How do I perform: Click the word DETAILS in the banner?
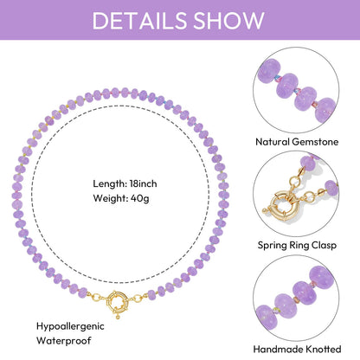139,20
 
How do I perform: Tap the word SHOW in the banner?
228,20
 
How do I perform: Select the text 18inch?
143,183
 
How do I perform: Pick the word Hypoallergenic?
70,327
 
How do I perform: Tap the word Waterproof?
64,341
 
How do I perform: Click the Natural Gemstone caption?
297,142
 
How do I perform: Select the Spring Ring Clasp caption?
297,246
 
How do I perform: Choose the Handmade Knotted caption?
297,349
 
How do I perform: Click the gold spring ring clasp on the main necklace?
118,302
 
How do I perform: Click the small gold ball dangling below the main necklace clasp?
118,317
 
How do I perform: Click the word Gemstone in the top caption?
315,142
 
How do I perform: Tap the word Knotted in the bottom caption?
324,349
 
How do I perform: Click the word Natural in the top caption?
273,142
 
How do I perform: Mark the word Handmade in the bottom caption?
278,349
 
